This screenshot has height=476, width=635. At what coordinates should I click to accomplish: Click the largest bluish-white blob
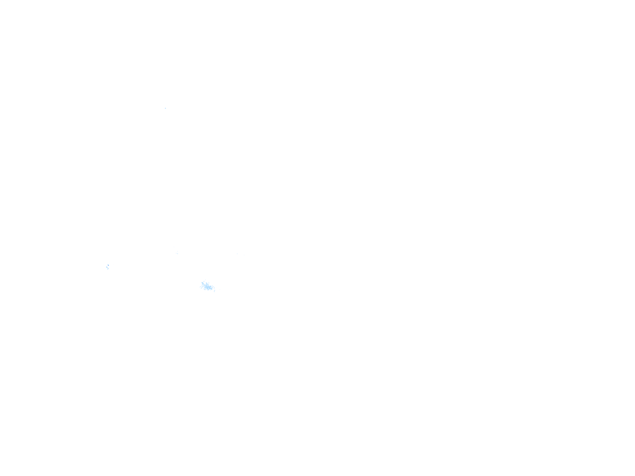(x=208, y=286)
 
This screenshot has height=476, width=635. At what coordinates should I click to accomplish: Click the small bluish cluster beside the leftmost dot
(x=108, y=267)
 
